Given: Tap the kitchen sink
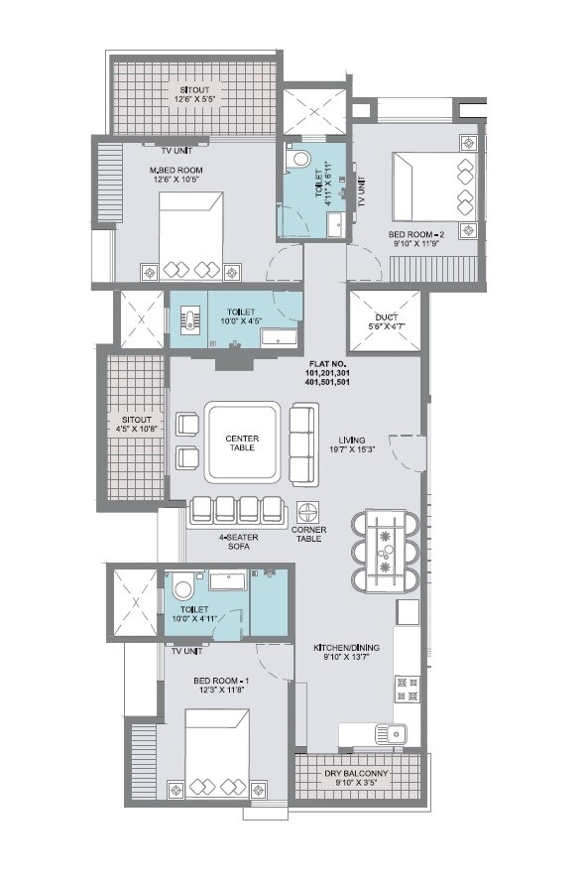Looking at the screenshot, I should (x=389, y=735).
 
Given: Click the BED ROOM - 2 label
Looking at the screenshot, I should (x=416, y=238).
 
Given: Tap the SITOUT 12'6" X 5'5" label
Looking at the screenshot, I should (x=195, y=94).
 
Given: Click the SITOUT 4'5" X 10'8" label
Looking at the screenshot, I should (x=131, y=425).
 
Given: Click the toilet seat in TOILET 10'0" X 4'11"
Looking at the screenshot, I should (x=184, y=591).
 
